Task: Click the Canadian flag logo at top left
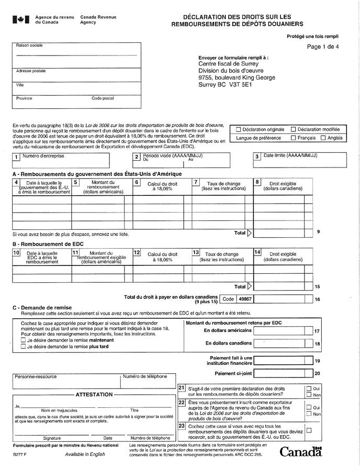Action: pyautogui.click(x=20, y=20)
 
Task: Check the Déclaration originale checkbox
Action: pyautogui.click(x=239, y=129)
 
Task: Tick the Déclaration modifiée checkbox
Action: pyautogui.click(x=293, y=129)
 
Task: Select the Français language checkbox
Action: pyautogui.click(x=293, y=138)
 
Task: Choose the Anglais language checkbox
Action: pyautogui.click(x=323, y=138)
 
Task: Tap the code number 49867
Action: pyautogui.click(x=245, y=299)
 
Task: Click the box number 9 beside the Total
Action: pyautogui.click(x=318, y=232)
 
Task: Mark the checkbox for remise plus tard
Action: pyautogui.click(x=23, y=346)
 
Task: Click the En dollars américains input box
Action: pyautogui.click(x=283, y=331)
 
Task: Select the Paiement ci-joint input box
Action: pyautogui.click(x=283, y=374)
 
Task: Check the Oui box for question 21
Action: pyautogui.click(x=308, y=389)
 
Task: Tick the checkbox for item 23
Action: pyautogui.click(x=308, y=430)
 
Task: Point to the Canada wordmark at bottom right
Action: pyautogui.click(x=300, y=451)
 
